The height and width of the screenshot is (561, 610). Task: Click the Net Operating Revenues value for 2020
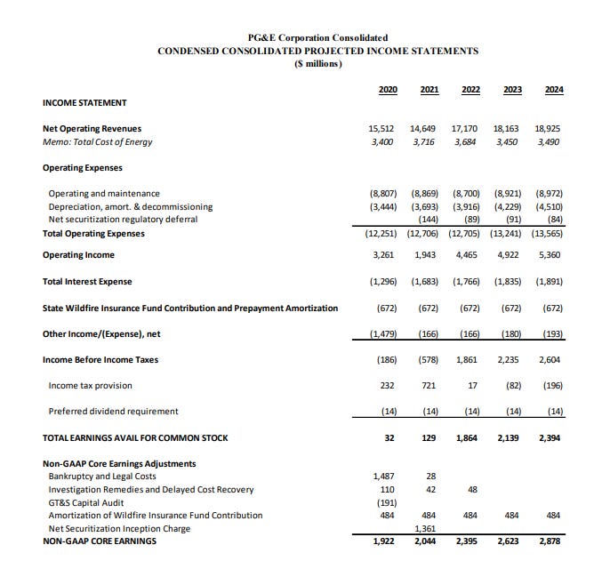(x=382, y=129)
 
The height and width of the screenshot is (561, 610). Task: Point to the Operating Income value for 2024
(x=549, y=255)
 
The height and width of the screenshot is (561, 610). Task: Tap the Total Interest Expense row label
(x=87, y=282)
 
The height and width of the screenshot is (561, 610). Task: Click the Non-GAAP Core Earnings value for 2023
(x=507, y=541)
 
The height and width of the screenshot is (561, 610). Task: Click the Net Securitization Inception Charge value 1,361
(x=425, y=528)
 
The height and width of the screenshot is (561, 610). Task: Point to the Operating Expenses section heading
(x=82, y=168)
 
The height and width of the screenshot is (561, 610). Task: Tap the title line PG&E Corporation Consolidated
(x=317, y=37)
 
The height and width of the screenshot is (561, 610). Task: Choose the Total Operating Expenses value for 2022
(x=465, y=234)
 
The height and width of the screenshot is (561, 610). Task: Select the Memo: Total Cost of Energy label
(x=97, y=142)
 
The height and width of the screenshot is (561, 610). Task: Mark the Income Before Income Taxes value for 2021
(x=426, y=360)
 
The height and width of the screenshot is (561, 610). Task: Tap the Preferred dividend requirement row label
(x=113, y=412)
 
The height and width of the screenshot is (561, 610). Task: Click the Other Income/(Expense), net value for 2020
(x=382, y=334)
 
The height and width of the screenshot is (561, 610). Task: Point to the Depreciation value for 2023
(x=507, y=206)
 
